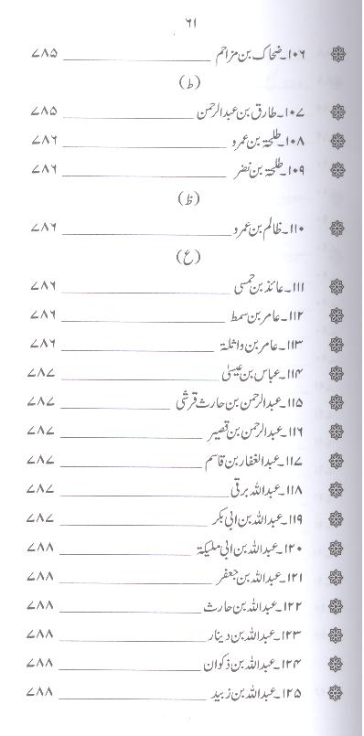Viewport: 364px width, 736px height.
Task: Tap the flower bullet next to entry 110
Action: pyautogui.click(x=336, y=226)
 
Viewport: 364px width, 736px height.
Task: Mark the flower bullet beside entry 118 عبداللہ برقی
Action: pyautogui.click(x=336, y=489)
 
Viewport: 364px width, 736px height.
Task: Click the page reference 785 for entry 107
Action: pyautogui.click(x=43, y=112)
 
